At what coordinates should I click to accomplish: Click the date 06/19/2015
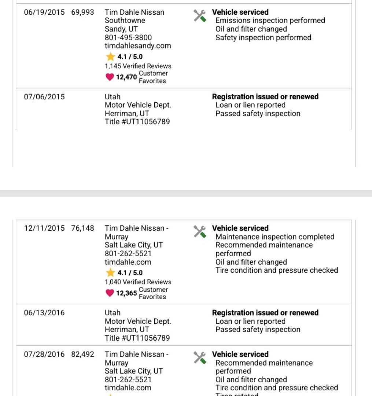point(44,12)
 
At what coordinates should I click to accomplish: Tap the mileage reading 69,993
point(82,12)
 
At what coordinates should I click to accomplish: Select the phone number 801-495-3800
point(128,37)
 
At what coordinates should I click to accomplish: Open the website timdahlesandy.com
point(138,46)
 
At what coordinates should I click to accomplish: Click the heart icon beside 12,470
point(110,77)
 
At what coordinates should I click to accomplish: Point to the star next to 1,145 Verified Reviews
point(110,57)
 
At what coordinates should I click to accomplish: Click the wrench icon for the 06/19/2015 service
point(200,15)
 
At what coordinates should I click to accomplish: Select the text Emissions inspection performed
point(270,21)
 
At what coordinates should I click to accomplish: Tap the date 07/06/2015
point(44,97)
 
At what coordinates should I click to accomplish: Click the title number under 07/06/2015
point(137,122)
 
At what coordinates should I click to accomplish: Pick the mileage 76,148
point(82,228)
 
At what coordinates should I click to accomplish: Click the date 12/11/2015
point(44,228)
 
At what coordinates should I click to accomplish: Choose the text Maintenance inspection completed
point(275,237)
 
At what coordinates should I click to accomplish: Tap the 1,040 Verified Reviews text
point(138,282)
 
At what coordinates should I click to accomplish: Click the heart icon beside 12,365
point(110,293)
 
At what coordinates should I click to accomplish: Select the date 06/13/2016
point(44,313)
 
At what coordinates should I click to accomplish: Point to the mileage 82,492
point(82,355)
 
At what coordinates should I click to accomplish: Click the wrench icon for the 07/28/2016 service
point(200,357)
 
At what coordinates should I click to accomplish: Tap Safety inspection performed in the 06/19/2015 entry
point(263,38)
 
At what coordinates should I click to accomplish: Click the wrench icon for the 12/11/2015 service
point(200,231)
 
